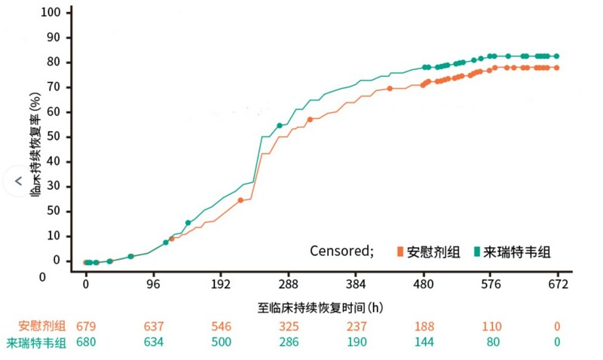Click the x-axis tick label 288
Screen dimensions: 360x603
pyautogui.click(x=289, y=284)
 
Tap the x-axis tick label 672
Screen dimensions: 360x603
pyautogui.click(x=559, y=284)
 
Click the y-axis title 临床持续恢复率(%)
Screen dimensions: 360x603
pyautogui.click(x=35, y=145)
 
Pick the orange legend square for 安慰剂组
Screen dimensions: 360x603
pyautogui.click(x=400, y=252)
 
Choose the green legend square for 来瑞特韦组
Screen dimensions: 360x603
pyautogui.click(x=478, y=252)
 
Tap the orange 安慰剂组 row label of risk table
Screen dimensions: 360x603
pyautogui.click(x=42, y=326)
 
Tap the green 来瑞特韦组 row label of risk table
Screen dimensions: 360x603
pyautogui.click(x=36, y=343)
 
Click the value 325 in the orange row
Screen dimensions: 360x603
pyautogui.click(x=289, y=326)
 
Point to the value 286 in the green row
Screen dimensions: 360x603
pyautogui.click(x=289, y=343)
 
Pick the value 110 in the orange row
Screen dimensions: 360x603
pyautogui.click(x=491, y=326)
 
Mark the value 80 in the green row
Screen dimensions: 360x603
pyautogui.click(x=491, y=343)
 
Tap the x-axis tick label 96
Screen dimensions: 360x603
pyautogui.click(x=154, y=284)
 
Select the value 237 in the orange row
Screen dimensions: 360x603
pyautogui.click(x=356, y=326)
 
